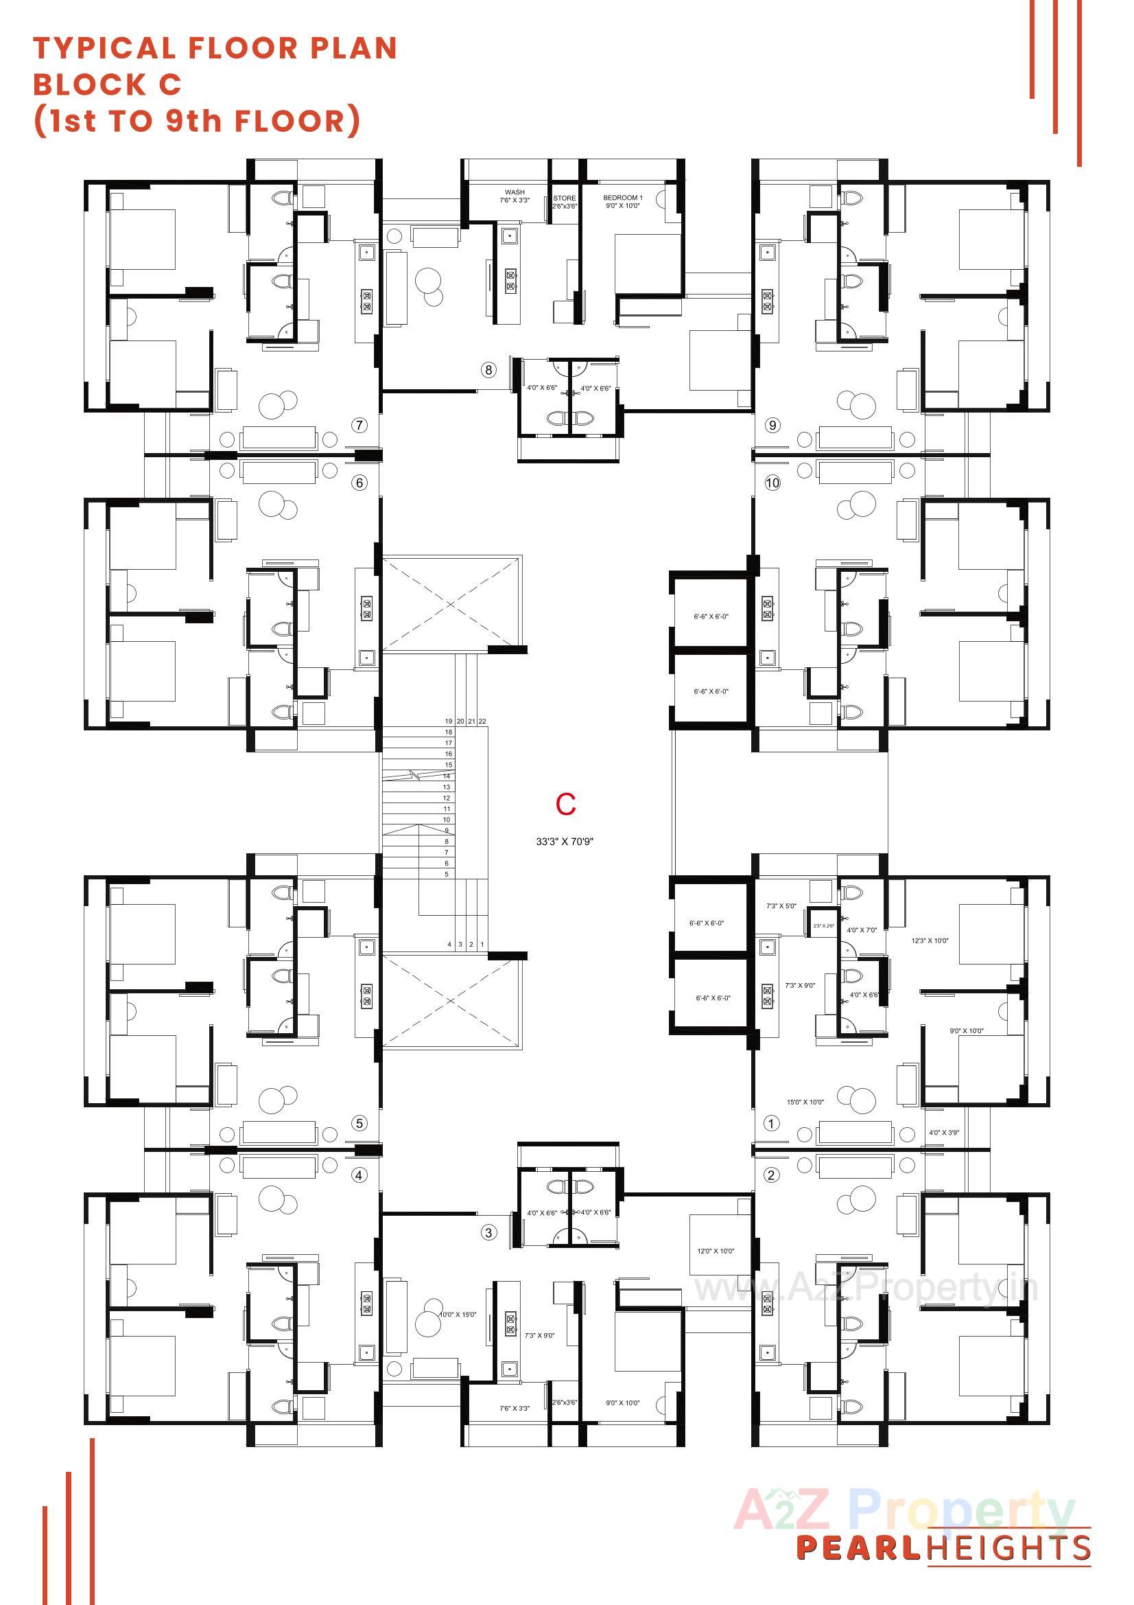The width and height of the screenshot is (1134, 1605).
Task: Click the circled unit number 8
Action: [488, 370]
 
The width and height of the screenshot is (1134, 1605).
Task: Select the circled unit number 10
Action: [772, 483]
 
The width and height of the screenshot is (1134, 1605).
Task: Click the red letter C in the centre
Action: [565, 805]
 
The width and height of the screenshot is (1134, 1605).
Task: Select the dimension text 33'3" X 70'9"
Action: [565, 842]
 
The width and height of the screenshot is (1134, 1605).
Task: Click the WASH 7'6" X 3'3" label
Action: [515, 196]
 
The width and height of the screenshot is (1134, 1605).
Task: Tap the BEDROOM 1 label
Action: [622, 198]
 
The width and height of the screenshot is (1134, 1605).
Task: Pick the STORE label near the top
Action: [565, 198]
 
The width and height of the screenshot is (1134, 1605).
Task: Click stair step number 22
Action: [482, 721]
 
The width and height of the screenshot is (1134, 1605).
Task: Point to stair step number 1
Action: [482, 945]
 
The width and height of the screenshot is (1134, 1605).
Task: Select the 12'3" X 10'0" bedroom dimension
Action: [930, 940]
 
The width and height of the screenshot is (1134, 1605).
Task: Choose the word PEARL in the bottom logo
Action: [859, 1549]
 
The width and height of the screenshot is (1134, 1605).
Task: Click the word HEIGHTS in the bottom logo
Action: [1009, 1549]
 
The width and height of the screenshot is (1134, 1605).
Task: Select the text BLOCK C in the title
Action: [108, 84]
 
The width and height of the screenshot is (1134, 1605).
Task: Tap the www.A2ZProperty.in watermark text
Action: [865, 1288]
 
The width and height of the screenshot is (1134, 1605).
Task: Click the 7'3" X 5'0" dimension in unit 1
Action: [781, 906]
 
